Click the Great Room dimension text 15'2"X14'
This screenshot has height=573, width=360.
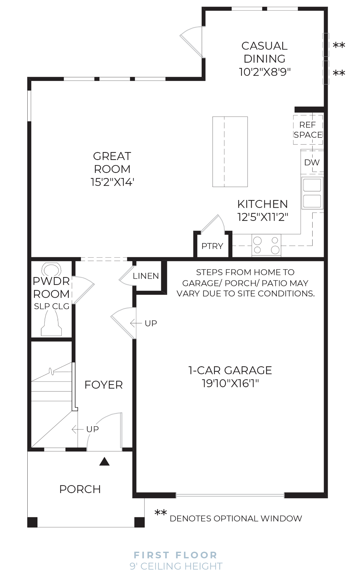click(x=112, y=182)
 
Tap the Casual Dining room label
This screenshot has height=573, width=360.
click(x=264, y=52)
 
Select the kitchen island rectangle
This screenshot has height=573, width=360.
click(x=230, y=152)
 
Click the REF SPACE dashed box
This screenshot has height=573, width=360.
click(x=308, y=130)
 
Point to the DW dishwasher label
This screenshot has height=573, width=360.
click(x=312, y=162)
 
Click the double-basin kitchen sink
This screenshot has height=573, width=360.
click(x=312, y=193)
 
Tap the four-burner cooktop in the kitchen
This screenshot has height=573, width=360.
click(x=266, y=245)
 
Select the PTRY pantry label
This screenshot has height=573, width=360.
click(x=212, y=246)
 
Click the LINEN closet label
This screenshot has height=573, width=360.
click(x=146, y=276)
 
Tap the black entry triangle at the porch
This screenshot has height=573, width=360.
click(x=105, y=461)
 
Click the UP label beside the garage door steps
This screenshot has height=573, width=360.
click(x=151, y=323)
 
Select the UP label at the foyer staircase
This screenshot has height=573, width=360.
click(x=92, y=429)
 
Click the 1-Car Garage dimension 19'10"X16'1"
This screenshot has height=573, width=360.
click(x=230, y=383)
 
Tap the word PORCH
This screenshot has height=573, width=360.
click(x=80, y=489)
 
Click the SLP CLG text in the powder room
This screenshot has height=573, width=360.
click(x=52, y=306)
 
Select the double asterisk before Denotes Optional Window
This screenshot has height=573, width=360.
click(x=160, y=513)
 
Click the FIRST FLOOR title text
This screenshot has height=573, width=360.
click(x=175, y=555)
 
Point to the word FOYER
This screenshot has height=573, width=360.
click(x=103, y=385)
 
